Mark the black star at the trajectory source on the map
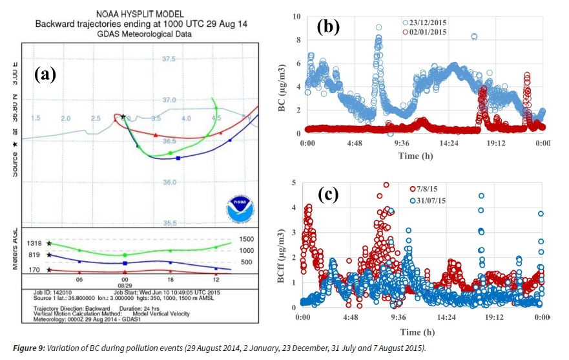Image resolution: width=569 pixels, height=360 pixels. click(x=123, y=117)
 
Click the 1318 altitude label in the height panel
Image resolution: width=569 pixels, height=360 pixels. click(x=35, y=243)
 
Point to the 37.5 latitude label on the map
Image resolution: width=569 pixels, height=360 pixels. click(x=169, y=59)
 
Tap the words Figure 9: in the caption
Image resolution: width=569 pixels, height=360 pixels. click(x=28, y=348)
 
